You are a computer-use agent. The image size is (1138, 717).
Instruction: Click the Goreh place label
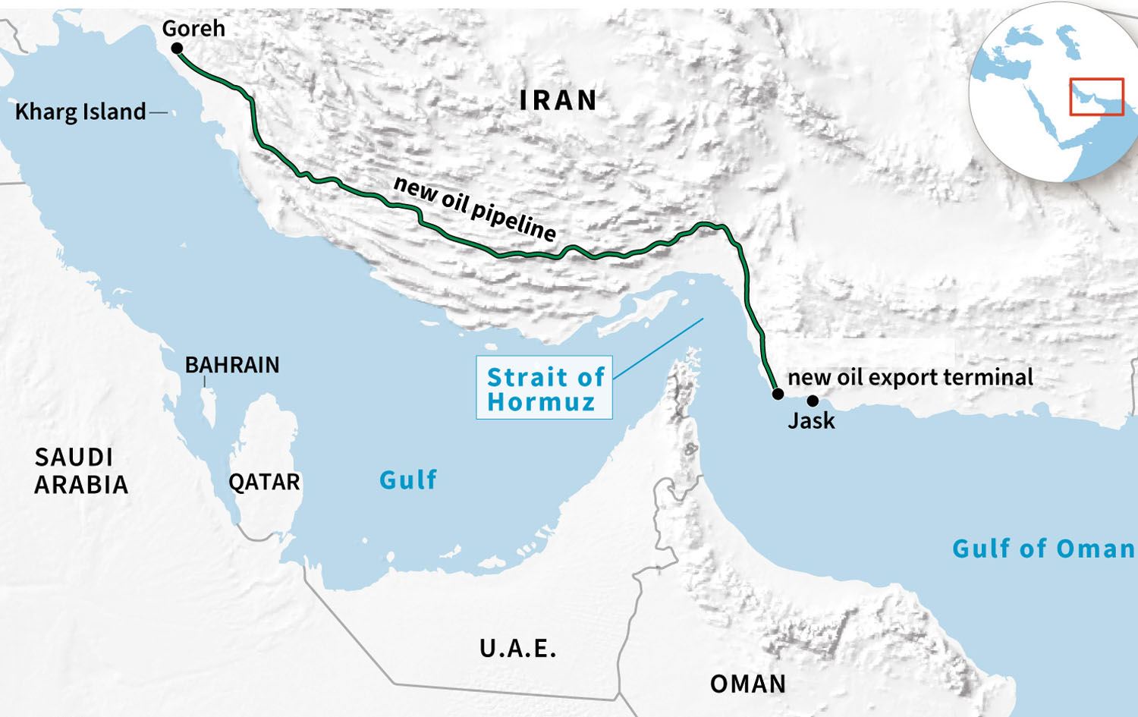[x=193, y=29]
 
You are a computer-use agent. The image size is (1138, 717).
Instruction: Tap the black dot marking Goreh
[x=177, y=49]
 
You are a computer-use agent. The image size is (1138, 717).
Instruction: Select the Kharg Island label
[x=80, y=112]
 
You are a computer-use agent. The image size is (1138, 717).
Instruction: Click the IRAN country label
[x=558, y=100]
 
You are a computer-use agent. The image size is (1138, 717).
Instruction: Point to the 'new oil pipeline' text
[x=475, y=209]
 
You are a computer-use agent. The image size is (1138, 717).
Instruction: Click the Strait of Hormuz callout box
[x=544, y=388]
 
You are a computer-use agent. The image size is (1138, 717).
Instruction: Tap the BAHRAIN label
[x=232, y=365]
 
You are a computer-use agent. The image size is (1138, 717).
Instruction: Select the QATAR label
[x=264, y=483]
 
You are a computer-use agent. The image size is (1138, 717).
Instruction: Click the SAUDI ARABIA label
[x=80, y=471]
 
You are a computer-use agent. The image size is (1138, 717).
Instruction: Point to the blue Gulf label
[x=408, y=480]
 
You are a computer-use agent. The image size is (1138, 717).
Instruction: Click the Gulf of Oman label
[x=1043, y=549]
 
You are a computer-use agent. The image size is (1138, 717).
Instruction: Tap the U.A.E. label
[x=518, y=649]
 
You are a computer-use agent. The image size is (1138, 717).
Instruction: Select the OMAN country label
[x=748, y=684]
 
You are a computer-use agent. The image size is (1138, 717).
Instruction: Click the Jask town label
[x=811, y=420]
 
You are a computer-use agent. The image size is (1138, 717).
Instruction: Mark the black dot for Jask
[x=813, y=401]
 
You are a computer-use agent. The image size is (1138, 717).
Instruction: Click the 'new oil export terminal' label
[x=910, y=377]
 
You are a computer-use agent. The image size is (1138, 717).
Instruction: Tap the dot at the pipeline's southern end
[x=778, y=394]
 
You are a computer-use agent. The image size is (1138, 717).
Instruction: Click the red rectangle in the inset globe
[x=1096, y=97]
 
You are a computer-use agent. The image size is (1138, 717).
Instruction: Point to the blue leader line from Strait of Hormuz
[x=659, y=348]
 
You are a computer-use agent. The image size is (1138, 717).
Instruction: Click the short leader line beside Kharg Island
[x=159, y=112]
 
